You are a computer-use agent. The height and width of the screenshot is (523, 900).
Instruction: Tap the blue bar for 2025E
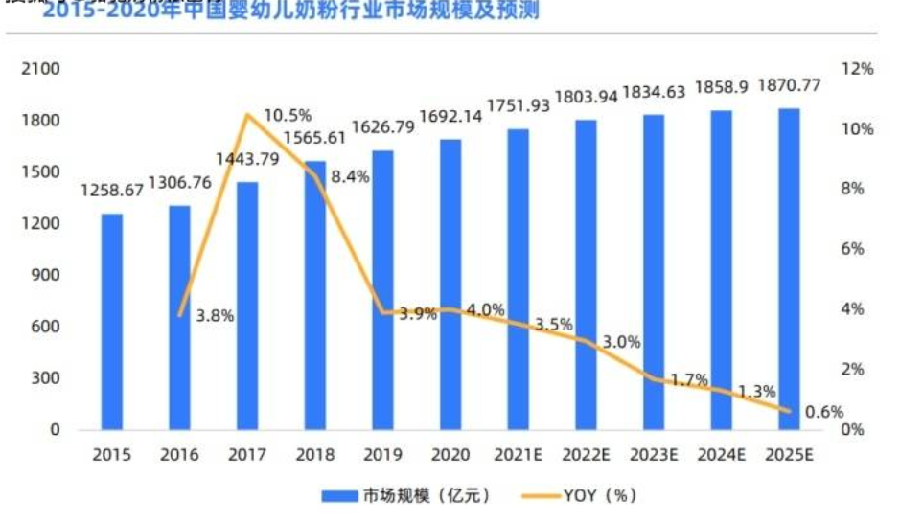pos(789,269)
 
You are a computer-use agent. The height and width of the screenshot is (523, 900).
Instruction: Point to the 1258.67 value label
pos(111,191)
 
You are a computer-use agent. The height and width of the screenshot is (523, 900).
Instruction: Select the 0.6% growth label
pos(822,412)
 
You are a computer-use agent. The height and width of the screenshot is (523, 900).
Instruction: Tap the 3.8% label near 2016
pos(216,314)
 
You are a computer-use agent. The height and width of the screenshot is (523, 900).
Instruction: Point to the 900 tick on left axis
pos(46,275)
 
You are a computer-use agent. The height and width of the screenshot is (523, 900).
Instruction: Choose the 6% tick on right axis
pos(853,249)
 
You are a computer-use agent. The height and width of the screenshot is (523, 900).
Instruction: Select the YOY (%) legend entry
pos(593,495)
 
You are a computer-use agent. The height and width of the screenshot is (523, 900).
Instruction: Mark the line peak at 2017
pos(247,115)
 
